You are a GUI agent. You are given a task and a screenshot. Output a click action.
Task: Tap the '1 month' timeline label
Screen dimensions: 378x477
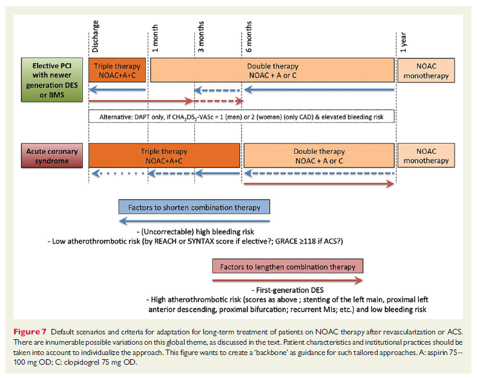click(156, 38)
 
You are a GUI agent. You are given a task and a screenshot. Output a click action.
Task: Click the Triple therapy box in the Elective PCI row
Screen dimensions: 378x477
click(117, 70)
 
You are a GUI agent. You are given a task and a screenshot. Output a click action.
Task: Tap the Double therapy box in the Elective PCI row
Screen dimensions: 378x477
click(272, 70)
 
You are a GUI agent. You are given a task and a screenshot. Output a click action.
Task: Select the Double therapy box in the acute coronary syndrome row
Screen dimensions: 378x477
click(318, 156)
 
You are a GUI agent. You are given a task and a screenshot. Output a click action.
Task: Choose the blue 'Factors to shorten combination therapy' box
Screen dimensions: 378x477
click(194, 207)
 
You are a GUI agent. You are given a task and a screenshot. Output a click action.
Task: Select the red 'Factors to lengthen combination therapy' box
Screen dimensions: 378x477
click(288, 266)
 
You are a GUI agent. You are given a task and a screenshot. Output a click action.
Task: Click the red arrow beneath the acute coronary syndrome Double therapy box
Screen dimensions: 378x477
click(318, 184)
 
